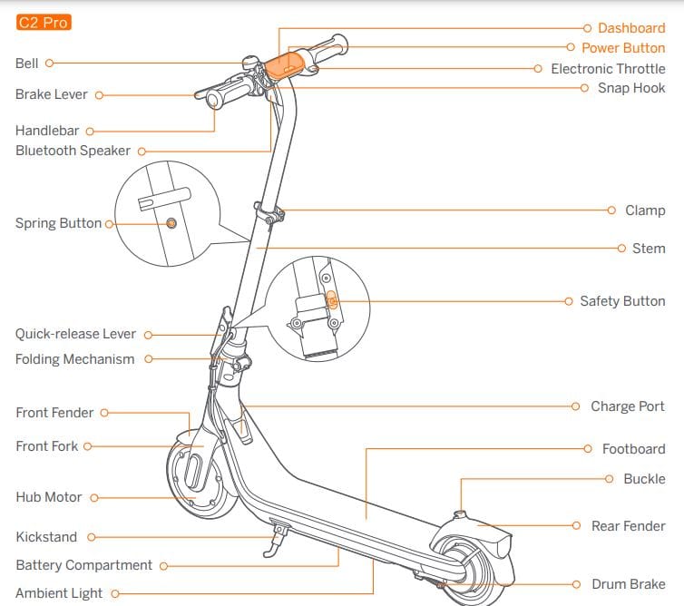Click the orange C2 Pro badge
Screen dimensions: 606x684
point(44,23)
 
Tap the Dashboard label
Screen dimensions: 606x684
point(630,28)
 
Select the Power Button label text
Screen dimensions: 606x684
point(622,47)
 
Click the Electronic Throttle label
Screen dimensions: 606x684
point(608,69)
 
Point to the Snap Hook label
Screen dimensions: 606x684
point(630,88)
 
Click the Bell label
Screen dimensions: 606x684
point(27,64)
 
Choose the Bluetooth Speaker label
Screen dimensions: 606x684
point(73,151)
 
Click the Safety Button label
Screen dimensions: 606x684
point(622,301)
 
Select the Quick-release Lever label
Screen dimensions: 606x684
point(75,334)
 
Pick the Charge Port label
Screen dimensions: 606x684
point(627,406)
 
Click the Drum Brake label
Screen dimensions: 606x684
point(628,585)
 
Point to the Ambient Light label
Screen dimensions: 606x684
point(59,593)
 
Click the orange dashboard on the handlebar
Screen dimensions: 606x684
point(284,64)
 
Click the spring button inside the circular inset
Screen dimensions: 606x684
point(171,223)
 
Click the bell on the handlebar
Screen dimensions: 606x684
point(247,63)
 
